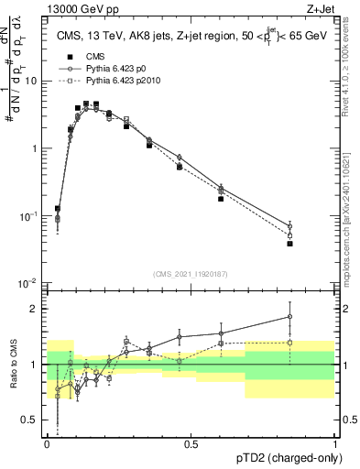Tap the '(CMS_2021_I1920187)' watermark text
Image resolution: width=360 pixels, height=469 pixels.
(x=191, y=273)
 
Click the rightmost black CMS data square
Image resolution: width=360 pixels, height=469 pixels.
(x=289, y=244)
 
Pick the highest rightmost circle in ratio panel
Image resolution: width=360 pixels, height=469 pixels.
(x=289, y=317)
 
